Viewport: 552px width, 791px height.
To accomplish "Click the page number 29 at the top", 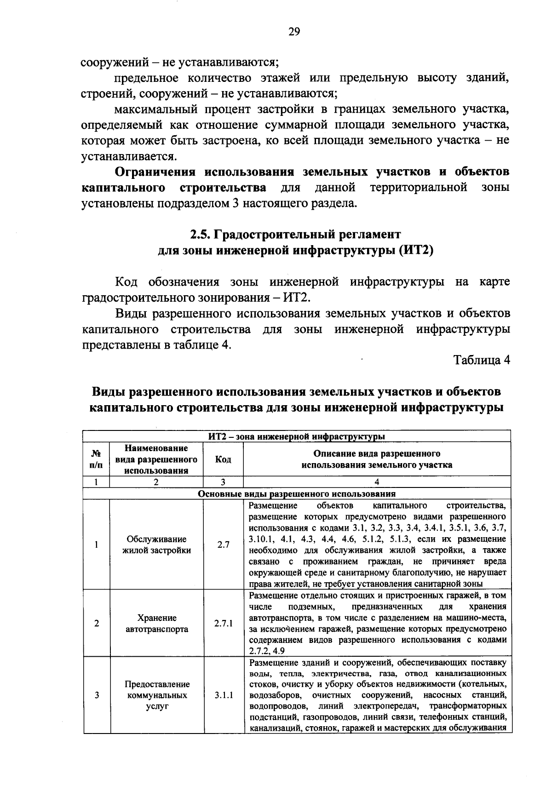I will (294, 32).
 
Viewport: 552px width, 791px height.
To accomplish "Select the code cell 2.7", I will (223, 545).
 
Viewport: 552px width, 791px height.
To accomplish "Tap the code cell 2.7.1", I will (223, 624).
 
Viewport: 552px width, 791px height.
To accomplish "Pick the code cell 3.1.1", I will (223, 695).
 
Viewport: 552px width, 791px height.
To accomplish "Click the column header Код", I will (223, 459).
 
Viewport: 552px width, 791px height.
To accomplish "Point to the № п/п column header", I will (97, 459).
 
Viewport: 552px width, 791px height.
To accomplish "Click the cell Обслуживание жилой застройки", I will (156, 545).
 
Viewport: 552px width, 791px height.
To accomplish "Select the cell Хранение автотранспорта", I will (156, 624).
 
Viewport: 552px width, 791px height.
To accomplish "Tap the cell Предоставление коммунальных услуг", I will (156, 695).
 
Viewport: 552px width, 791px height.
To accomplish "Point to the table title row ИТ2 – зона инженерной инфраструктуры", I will (297, 436).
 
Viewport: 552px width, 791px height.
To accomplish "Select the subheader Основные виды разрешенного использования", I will (297, 494).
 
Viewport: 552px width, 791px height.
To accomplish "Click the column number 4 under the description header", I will (377, 482).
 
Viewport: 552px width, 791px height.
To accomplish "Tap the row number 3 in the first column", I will (97, 695).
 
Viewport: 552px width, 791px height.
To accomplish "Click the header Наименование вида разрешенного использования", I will (156, 459).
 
